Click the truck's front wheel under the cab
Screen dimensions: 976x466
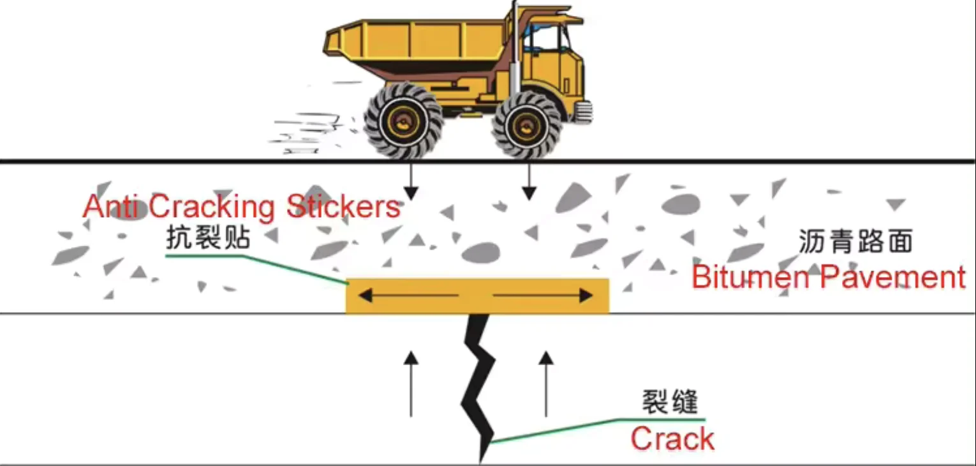point(527,124)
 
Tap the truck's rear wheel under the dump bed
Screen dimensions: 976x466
point(403,122)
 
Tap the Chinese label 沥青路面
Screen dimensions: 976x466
point(855,242)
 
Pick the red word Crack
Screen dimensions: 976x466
point(672,439)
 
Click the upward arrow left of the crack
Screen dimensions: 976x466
point(411,383)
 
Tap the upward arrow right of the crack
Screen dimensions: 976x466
point(545,383)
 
